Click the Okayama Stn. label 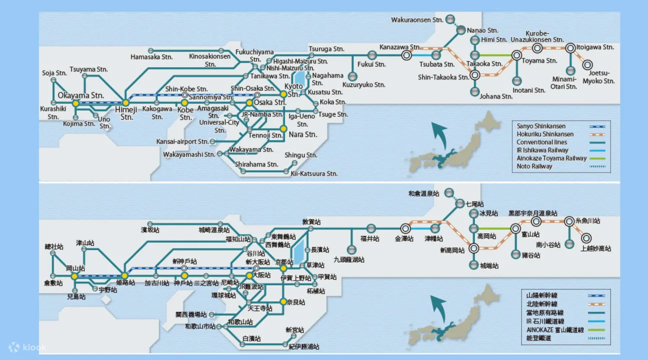[81, 95]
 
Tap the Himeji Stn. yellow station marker [126, 103]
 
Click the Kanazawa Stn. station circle [406, 55]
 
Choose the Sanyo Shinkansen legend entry [541, 126]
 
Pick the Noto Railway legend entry [534, 166]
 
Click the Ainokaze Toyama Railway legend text [551, 158]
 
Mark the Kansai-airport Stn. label [182, 142]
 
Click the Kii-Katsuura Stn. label [314, 173]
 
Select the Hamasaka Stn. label [152, 57]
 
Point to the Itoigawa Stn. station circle [570, 48]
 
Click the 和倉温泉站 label [423, 193]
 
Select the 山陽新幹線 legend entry [535, 296]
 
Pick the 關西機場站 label [191, 314]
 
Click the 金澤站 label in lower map [404, 239]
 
